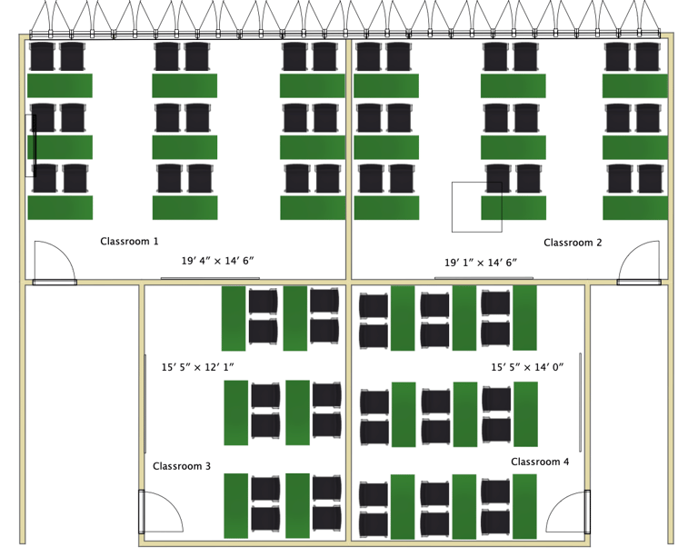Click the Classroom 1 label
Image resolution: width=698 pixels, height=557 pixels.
pos(129,242)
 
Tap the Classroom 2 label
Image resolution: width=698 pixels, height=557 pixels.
pos(573,243)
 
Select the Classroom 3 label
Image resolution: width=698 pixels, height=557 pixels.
pos(182,466)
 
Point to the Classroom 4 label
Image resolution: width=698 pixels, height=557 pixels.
pos(540,462)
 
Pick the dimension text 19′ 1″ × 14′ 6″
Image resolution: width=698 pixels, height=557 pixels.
pos(481,263)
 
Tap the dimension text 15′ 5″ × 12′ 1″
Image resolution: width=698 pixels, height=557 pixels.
pos(198,367)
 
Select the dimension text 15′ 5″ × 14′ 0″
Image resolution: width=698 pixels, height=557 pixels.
pos(528,367)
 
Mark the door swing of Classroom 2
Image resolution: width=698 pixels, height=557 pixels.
pos(639,263)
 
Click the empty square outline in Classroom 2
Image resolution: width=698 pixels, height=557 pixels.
pos(476,206)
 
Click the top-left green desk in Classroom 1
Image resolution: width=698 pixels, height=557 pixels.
pos(60,86)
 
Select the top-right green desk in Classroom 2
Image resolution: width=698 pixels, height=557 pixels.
pos(635,86)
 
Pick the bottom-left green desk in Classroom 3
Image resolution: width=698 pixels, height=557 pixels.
pos(236,504)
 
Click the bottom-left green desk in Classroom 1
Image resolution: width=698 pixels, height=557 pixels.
pos(60,207)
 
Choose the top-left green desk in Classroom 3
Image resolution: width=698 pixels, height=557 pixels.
pos(234,318)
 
